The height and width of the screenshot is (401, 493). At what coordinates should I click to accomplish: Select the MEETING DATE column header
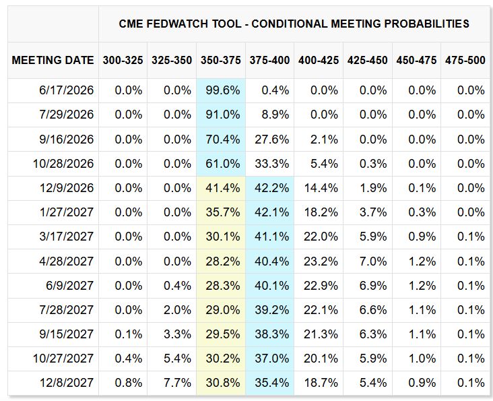tap(53, 60)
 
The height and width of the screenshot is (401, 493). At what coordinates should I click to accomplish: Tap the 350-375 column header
tap(221, 60)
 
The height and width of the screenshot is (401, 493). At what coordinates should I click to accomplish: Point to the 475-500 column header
tap(465, 60)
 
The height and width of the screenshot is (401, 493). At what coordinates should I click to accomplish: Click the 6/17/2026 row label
tap(67, 90)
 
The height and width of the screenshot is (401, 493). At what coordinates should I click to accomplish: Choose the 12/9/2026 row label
tap(67, 188)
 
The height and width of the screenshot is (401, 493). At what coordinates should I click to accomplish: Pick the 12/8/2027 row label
tap(67, 383)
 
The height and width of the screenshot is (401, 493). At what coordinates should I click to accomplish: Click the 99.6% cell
tap(223, 90)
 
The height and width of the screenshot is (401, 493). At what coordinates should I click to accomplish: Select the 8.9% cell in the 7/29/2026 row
tap(275, 115)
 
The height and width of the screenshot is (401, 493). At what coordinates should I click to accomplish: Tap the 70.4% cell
tap(223, 140)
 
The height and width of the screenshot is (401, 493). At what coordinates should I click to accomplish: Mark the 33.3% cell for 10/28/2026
tap(271, 164)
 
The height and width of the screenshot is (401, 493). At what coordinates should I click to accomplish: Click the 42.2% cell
tap(271, 188)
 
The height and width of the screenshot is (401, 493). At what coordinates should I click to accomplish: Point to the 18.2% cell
tap(321, 212)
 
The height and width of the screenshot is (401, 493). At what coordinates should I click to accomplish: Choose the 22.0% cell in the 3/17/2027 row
tap(321, 237)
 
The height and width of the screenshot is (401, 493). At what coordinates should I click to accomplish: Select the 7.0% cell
tap(373, 261)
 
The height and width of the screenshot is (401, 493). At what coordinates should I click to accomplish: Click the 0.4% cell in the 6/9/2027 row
tap(177, 286)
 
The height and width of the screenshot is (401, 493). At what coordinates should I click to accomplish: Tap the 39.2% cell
tap(271, 310)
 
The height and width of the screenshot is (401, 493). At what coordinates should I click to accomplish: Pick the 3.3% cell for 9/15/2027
tap(177, 334)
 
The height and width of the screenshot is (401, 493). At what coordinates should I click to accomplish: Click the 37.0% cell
tap(271, 359)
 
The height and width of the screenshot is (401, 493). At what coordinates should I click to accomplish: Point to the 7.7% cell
tap(177, 383)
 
